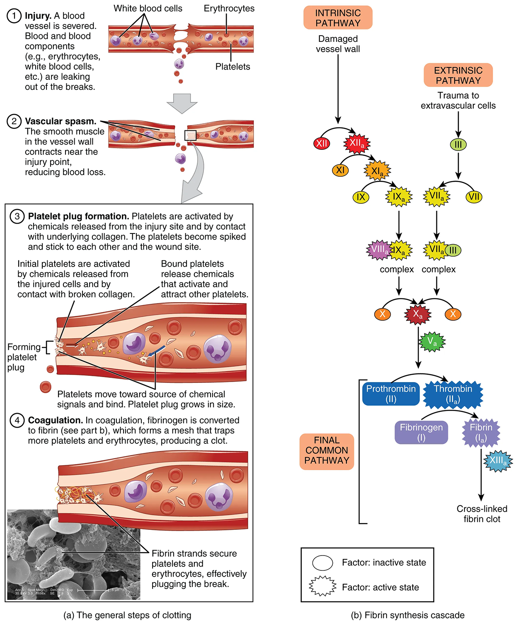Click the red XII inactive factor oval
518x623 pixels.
click(x=322, y=144)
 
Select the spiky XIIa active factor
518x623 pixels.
click(x=357, y=144)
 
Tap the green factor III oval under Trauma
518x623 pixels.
click(x=458, y=144)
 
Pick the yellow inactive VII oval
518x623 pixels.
click(x=474, y=197)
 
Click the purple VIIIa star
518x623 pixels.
click(x=379, y=250)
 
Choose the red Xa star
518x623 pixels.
click(x=418, y=315)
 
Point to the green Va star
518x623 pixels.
click(x=432, y=342)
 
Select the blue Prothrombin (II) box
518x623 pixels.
click(x=391, y=394)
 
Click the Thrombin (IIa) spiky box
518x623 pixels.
click(x=453, y=394)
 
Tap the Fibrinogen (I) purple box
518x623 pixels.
click(x=421, y=432)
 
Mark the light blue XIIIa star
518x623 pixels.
click(x=498, y=461)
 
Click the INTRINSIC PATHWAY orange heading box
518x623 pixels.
click(x=338, y=18)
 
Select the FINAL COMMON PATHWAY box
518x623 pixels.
click(x=327, y=451)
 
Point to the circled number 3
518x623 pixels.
click(x=17, y=216)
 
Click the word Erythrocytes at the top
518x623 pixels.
click(x=229, y=9)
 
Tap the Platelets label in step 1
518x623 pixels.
click(x=232, y=67)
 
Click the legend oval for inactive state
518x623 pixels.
click(x=322, y=563)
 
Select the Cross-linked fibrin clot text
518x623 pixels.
click(x=482, y=514)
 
